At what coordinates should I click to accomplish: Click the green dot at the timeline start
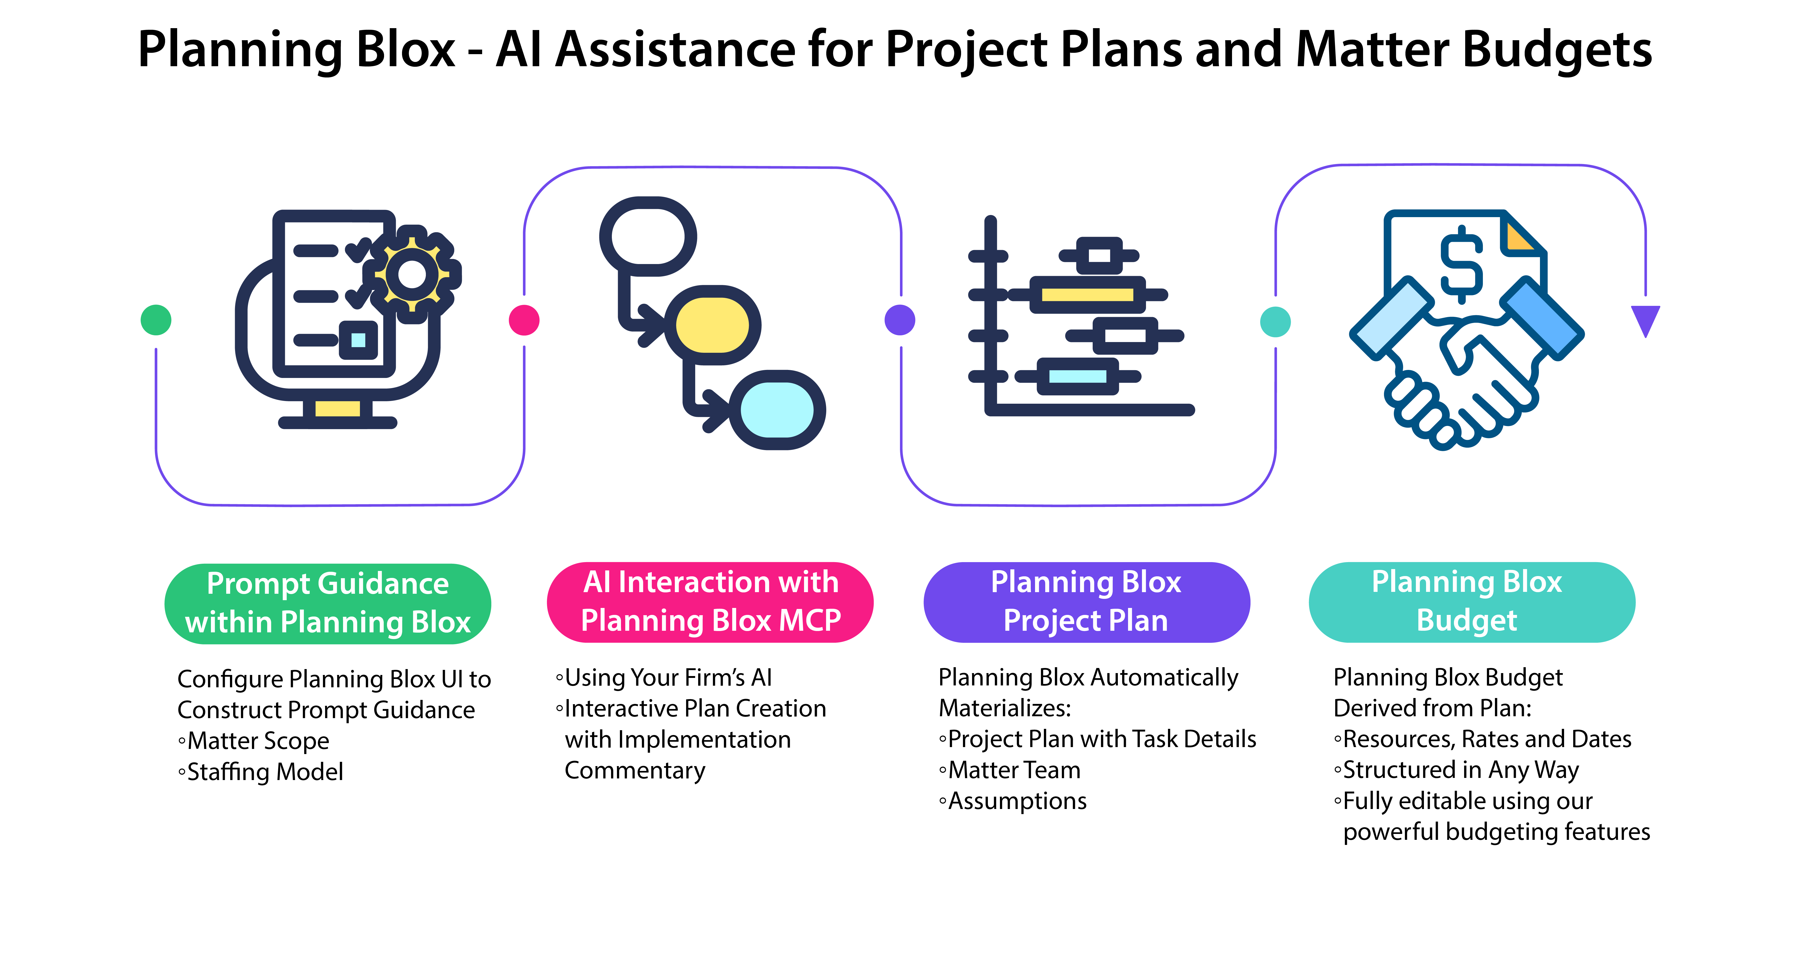click(x=156, y=320)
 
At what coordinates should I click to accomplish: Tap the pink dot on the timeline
click(x=524, y=320)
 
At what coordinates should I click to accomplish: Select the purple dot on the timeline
click(x=900, y=320)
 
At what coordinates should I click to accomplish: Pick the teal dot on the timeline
click(x=1275, y=322)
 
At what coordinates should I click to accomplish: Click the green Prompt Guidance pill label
click(x=328, y=603)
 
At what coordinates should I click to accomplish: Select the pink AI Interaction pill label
click(x=710, y=601)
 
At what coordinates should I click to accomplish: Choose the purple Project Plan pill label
click(x=1086, y=601)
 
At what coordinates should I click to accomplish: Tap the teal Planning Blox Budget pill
click(x=1472, y=601)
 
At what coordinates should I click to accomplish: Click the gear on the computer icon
click(x=412, y=274)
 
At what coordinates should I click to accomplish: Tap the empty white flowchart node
click(x=648, y=236)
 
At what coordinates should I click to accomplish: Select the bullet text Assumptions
click(x=1017, y=801)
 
